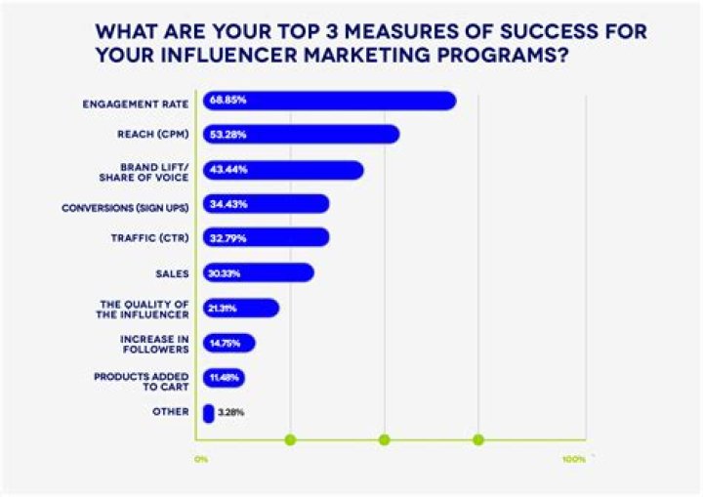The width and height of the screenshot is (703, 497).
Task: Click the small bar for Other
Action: tap(208, 413)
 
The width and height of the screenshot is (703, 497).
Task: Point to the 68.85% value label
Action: tap(221, 101)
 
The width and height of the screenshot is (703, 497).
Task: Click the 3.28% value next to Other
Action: tap(231, 413)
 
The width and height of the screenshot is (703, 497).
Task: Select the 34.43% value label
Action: tap(222, 204)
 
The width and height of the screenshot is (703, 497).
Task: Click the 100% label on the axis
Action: tap(573, 459)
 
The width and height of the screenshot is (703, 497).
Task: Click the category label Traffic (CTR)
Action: tap(149, 238)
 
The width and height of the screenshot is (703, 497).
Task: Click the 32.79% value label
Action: tap(222, 238)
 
